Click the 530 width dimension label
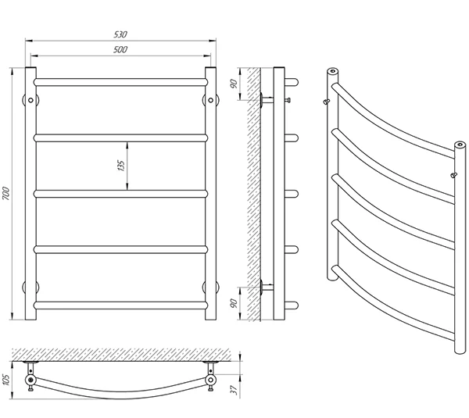(x=120, y=34)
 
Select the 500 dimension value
(x=120, y=50)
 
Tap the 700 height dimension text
(x=6, y=194)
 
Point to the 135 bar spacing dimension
(x=121, y=166)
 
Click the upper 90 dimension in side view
(x=234, y=84)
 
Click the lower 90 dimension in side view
(x=234, y=303)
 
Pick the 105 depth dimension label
(x=6, y=380)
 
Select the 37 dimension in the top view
(x=234, y=390)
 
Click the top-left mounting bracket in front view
(x=30, y=100)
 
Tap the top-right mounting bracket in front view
(x=210, y=100)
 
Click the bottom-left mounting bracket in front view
(x=30, y=288)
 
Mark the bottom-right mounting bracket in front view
(x=210, y=288)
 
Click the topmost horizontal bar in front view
(x=120, y=82)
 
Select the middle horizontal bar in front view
(x=120, y=194)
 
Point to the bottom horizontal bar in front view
(x=120, y=305)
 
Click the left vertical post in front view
(x=30, y=194)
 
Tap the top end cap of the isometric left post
(x=333, y=71)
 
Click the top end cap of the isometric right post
(x=460, y=145)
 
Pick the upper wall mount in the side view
(x=267, y=99)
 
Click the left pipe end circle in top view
(x=30, y=380)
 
